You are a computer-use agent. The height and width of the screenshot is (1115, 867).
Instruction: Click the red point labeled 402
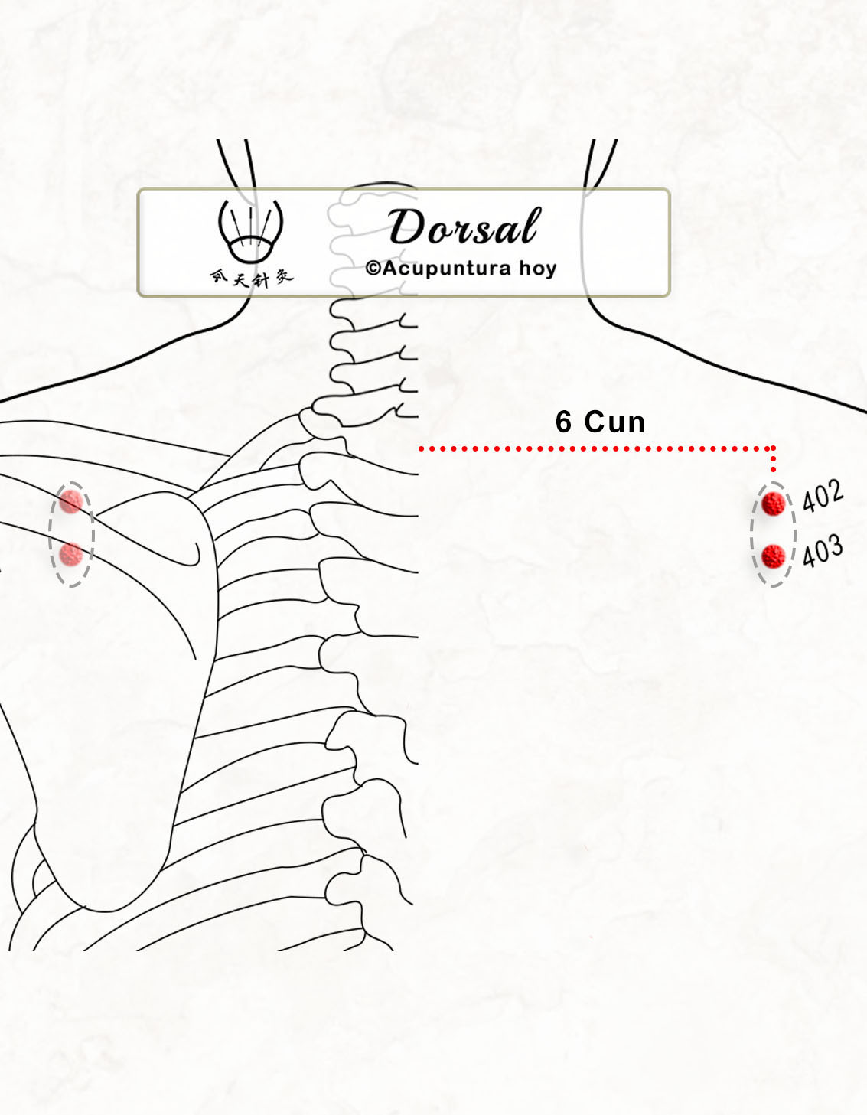click(x=773, y=504)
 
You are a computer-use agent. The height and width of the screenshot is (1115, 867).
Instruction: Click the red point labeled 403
click(x=773, y=556)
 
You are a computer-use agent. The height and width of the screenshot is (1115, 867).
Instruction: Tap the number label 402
click(x=823, y=496)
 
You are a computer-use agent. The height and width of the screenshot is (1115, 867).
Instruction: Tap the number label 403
click(x=823, y=550)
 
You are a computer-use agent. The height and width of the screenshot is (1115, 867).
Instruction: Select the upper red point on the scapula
click(x=71, y=501)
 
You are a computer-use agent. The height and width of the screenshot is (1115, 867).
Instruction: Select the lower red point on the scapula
click(x=71, y=555)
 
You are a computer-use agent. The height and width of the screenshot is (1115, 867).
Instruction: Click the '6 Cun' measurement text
click(x=600, y=422)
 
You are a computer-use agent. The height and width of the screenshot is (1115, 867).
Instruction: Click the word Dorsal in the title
click(x=464, y=227)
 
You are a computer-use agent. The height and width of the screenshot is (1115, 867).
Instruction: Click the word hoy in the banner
click(x=537, y=269)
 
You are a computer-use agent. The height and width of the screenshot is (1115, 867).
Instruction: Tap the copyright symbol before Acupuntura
click(x=373, y=268)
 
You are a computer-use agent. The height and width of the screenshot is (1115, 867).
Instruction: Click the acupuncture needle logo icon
click(x=251, y=231)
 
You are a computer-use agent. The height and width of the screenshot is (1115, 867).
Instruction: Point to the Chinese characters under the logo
click(x=252, y=278)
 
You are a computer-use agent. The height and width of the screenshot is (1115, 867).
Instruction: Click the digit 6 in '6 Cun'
click(x=563, y=422)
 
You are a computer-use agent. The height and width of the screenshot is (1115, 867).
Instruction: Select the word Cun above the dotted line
click(x=614, y=422)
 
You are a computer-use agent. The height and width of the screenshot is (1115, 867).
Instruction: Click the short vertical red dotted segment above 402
click(x=773, y=460)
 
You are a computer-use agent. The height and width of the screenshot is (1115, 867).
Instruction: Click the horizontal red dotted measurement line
click(x=596, y=449)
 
